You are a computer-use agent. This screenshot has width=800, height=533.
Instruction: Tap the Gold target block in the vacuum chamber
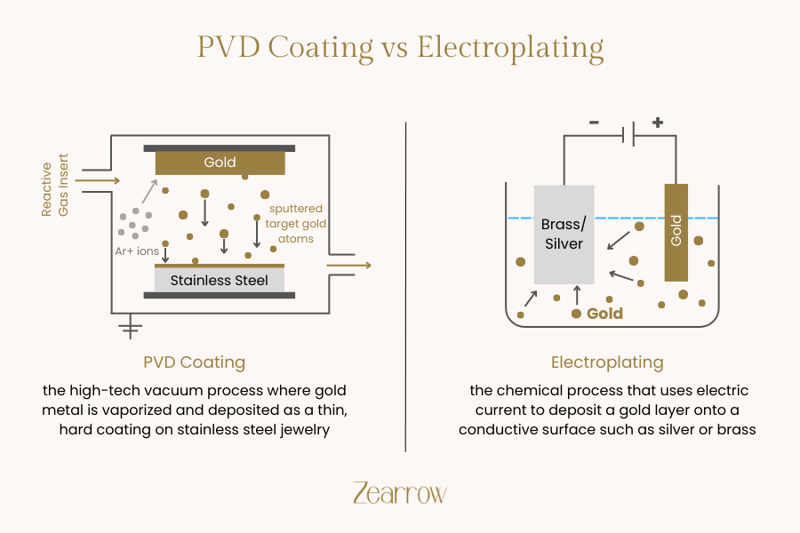(220, 163)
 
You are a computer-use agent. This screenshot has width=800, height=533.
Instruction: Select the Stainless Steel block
(220, 281)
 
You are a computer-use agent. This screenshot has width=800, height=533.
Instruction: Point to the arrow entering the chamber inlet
(98, 181)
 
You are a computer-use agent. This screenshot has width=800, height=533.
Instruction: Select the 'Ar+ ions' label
(136, 251)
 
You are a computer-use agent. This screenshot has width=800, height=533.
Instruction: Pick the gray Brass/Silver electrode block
(564, 235)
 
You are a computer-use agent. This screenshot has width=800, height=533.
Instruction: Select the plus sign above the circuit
(658, 122)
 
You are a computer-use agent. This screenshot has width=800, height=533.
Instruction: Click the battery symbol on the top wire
(628, 137)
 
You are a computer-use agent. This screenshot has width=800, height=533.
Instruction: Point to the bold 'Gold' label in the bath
(604, 314)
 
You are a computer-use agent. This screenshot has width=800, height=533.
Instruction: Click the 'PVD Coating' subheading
(194, 362)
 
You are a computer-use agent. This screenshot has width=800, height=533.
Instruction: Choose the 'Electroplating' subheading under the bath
(607, 362)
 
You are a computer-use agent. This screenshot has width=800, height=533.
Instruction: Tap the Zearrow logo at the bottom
(399, 494)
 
